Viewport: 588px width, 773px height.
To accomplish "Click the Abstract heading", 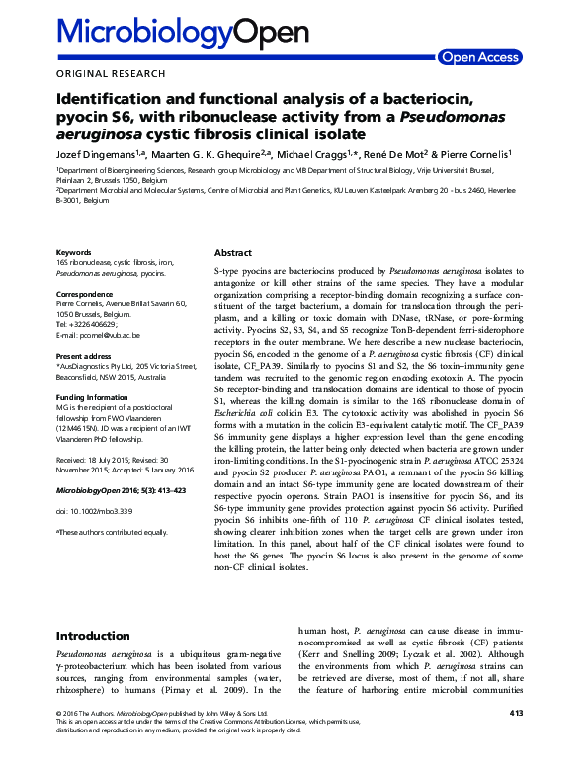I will [234, 253].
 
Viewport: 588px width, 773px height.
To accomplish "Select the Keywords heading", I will [75, 252].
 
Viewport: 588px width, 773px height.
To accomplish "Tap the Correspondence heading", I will [88, 294].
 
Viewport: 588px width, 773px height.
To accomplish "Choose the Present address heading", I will [86, 355].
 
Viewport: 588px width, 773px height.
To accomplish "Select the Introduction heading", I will [94, 635].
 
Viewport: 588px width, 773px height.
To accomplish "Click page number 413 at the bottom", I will [516, 739].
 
